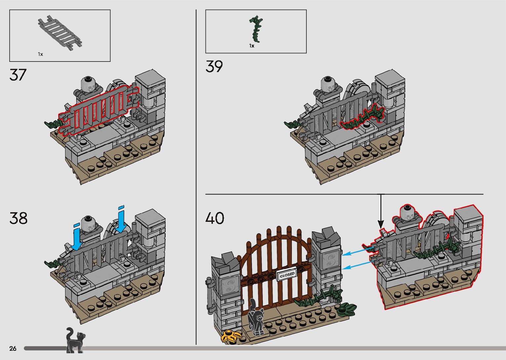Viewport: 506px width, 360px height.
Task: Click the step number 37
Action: click(18, 75)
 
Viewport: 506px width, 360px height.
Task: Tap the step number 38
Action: click(19, 219)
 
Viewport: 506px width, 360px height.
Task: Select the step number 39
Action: click(214, 66)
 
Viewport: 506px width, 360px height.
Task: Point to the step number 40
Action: click(215, 218)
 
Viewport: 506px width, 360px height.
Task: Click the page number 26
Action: click(13, 348)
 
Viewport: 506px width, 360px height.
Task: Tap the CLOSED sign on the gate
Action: click(287, 275)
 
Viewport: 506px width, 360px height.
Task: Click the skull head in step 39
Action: click(328, 84)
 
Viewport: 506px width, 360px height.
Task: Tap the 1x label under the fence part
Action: click(40, 54)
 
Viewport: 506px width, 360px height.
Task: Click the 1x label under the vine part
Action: click(252, 46)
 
